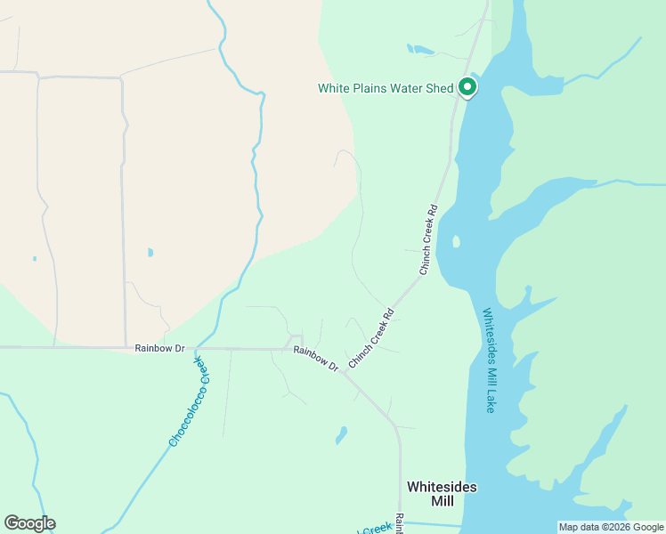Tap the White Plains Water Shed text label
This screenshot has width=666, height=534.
[386, 88]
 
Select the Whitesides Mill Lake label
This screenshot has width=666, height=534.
[489, 360]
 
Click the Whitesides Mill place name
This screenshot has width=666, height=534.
[442, 494]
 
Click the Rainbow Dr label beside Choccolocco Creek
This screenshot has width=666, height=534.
[159, 348]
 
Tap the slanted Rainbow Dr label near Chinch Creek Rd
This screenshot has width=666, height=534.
[316, 359]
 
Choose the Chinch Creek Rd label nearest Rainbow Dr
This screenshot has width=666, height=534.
[371, 339]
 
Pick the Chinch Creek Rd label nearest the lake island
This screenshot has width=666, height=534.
[427, 239]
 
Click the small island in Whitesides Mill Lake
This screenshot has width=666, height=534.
[456, 241]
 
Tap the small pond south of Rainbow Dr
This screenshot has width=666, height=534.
[341, 435]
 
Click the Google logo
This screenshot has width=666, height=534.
[29, 523]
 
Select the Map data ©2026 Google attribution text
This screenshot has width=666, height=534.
[611, 527]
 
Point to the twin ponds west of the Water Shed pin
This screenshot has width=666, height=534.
[418, 50]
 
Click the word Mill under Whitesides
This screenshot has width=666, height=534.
[442, 502]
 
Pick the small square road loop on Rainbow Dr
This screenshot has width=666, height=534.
[293, 342]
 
